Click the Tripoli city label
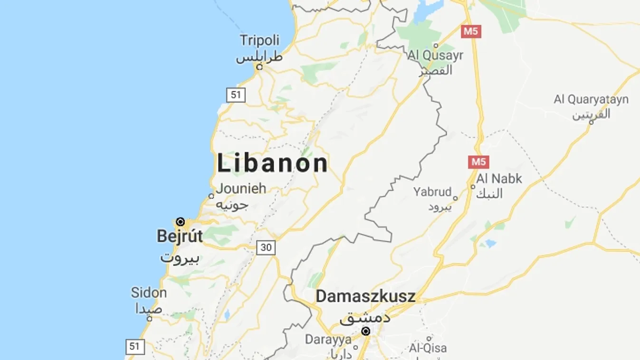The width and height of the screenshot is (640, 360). (259, 40)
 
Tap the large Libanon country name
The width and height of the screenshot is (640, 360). (272, 163)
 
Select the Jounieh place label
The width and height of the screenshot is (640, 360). (241, 189)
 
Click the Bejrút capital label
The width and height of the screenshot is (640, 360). (180, 236)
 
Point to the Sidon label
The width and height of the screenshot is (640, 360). (149, 293)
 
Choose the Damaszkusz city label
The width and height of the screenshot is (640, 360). (365, 297)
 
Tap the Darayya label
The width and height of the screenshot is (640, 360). (328, 340)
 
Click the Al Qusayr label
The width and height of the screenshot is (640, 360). (435, 56)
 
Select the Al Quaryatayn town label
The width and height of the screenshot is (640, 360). (591, 100)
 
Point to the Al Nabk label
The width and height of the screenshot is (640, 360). (499, 179)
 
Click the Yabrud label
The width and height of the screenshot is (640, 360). (432, 192)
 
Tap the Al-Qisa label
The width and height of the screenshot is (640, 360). (428, 348)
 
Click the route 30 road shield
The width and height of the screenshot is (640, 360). (266, 247)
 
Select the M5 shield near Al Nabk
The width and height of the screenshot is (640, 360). (478, 162)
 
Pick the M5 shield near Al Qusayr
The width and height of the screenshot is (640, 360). (471, 32)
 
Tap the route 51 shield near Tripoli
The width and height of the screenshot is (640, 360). (236, 95)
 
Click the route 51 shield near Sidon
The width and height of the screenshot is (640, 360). (134, 346)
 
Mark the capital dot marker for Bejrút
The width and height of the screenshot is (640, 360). (181, 222)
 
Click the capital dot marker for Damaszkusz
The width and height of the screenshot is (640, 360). (366, 331)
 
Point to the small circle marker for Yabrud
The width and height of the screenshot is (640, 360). (455, 199)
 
